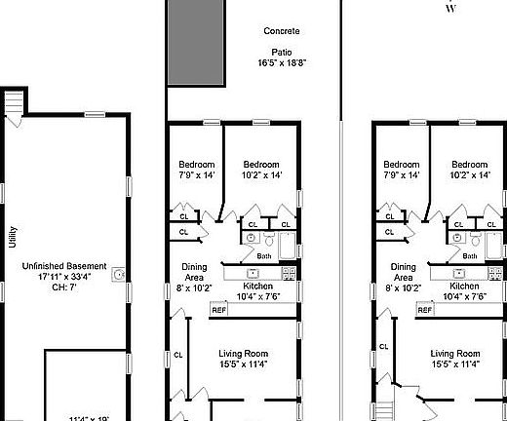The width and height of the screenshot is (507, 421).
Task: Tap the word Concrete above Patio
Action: [282, 32]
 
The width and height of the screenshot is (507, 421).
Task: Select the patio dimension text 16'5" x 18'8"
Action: [282, 63]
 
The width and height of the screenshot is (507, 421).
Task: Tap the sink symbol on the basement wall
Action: [118, 276]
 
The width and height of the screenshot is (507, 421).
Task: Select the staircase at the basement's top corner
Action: [14, 102]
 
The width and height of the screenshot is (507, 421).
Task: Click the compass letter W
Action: [449, 9]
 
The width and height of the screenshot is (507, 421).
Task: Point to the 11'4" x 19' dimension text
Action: [89, 418]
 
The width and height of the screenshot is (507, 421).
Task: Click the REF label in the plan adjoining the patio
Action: [219, 310]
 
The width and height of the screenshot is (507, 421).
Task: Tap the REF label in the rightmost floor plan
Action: [424, 310]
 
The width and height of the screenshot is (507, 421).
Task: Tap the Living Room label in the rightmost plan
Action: [455, 353]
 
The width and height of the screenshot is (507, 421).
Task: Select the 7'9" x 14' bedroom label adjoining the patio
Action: [196, 170]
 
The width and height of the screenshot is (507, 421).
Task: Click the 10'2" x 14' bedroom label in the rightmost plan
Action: [467, 170]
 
